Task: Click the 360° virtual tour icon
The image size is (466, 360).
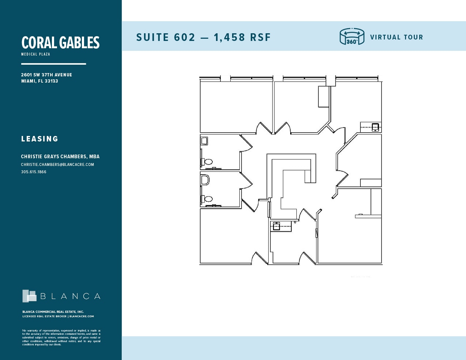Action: coord(352,37)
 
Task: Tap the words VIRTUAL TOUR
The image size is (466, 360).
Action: coord(397,37)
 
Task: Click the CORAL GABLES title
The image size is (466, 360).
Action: coord(60,43)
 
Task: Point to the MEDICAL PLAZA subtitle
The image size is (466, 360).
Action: coord(35,54)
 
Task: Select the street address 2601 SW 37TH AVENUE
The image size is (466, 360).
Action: coord(46,75)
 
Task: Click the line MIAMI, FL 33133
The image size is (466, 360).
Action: coord(39,81)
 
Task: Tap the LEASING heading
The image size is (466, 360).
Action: coord(39,139)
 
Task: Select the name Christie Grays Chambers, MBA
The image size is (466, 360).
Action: coord(60,156)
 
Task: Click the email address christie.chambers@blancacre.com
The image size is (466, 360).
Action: coord(57,164)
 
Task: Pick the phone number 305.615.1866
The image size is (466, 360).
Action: coord(34,172)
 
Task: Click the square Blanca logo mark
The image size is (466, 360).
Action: coord(29,296)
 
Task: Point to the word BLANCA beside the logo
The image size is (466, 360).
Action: coord(70,296)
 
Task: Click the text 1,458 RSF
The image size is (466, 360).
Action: coord(242,37)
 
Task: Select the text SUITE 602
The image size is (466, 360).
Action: coord(166,37)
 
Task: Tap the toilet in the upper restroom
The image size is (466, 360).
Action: coord(208,161)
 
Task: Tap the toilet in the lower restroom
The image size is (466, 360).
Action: coord(208,199)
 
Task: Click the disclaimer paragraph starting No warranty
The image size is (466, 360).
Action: coord(61,337)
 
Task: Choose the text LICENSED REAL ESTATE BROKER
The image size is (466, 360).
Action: coord(45,317)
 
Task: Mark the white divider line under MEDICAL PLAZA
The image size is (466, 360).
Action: coord(53,64)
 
